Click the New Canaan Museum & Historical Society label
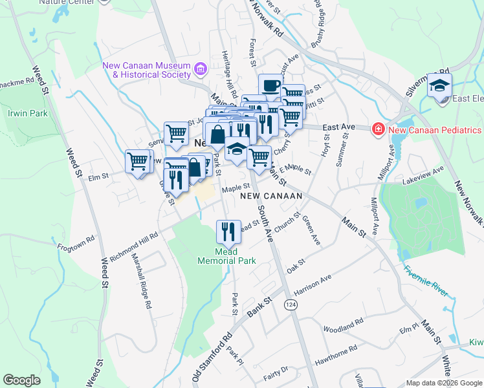[147, 70]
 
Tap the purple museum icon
[200, 68]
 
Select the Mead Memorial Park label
[226, 256]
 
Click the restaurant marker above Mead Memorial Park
[228, 232]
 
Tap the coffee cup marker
[270, 85]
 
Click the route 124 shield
[292, 304]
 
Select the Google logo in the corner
[21, 380]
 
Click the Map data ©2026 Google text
[443, 383]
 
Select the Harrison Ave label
[313, 283]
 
